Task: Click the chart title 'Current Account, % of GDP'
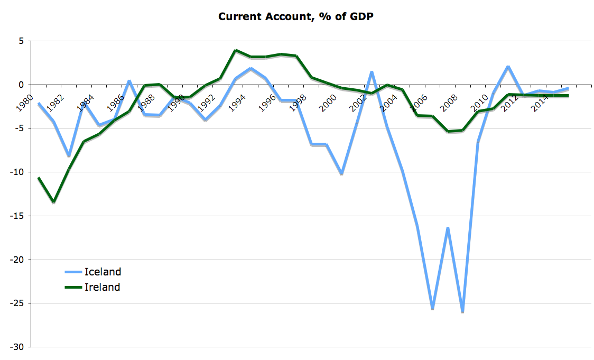296,16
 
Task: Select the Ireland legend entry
102,288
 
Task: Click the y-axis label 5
21,41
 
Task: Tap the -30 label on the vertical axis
17,347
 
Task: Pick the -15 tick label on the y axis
17,216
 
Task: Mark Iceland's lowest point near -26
463,312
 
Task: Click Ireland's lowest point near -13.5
54,202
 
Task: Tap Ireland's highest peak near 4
236,50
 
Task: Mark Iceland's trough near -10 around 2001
342,173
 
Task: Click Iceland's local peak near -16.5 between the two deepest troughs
448,228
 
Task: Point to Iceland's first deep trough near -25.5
433,308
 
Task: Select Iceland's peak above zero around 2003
372,71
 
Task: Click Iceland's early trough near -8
69,156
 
